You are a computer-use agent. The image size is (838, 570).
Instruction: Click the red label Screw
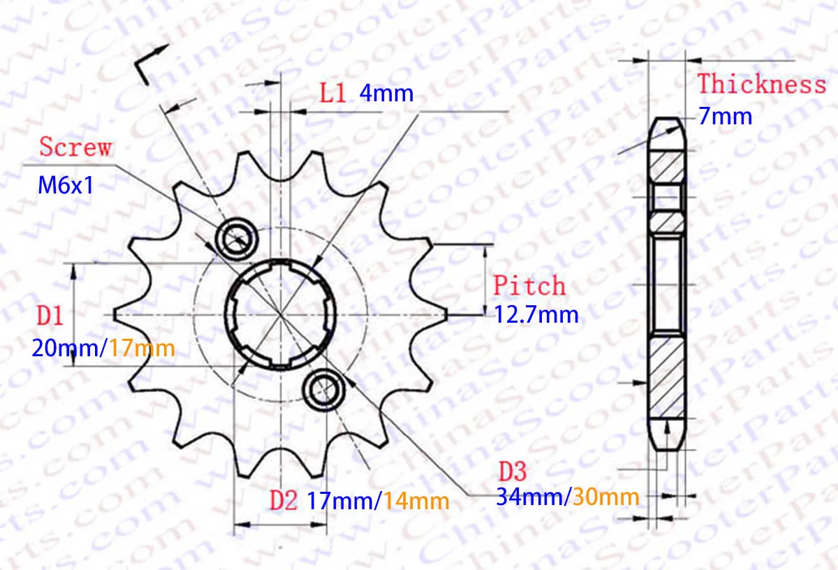pos(75,147)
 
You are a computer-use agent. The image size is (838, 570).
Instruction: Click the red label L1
pos(333,93)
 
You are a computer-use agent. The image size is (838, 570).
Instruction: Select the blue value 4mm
pos(386,93)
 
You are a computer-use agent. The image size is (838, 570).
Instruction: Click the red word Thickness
pos(762,85)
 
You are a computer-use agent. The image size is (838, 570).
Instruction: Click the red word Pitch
pos(529,286)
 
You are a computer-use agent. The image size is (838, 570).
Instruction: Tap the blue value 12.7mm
pos(536,314)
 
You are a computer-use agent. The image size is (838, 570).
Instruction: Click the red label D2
pos(284,499)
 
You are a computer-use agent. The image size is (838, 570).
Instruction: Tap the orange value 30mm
pos(605,497)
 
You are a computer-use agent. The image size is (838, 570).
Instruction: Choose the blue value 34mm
pos(529,497)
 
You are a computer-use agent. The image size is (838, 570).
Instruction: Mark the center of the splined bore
pos(280,314)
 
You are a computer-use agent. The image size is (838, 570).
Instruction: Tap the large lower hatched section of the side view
pos(666,377)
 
